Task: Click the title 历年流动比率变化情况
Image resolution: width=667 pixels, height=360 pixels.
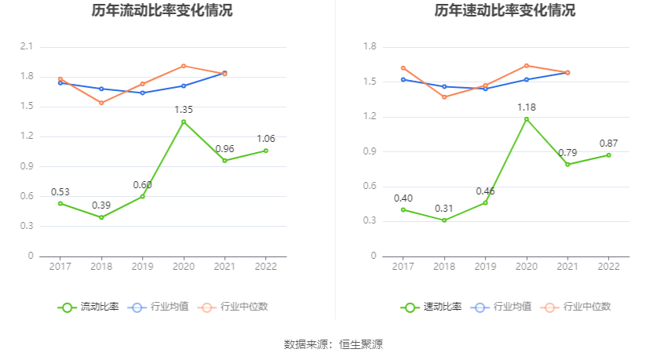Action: pyautogui.click(x=162, y=11)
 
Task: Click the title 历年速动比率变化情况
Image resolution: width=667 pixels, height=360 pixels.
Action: pyautogui.click(x=505, y=11)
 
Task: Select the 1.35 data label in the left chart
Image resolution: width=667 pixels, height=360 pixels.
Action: pyautogui.click(x=184, y=110)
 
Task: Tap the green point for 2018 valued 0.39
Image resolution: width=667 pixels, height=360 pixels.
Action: pyautogui.click(x=101, y=217)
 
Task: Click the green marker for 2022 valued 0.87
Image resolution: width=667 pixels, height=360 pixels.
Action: pyautogui.click(x=608, y=155)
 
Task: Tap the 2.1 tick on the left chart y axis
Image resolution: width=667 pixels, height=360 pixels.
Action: pyautogui.click(x=27, y=47)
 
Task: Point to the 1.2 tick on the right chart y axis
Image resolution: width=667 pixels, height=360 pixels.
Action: pyautogui.click(x=370, y=117)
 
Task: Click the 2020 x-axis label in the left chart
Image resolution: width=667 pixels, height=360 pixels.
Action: pyautogui.click(x=184, y=267)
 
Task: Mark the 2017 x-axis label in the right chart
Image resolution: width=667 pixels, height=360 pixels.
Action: pyautogui.click(x=403, y=267)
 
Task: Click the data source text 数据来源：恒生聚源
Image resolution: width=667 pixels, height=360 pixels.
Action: pyautogui.click(x=333, y=344)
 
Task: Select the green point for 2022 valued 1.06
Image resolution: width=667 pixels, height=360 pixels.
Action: pyautogui.click(x=265, y=151)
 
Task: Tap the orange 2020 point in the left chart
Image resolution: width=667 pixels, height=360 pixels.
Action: pyautogui.click(x=184, y=66)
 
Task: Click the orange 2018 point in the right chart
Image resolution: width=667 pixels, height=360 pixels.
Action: pyautogui.click(x=444, y=97)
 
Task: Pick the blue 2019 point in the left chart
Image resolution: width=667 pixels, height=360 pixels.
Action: pyautogui.click(x=142, y=93)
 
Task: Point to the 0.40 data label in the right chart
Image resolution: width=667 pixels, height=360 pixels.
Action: pyautogui.click(x=403, y=198)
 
